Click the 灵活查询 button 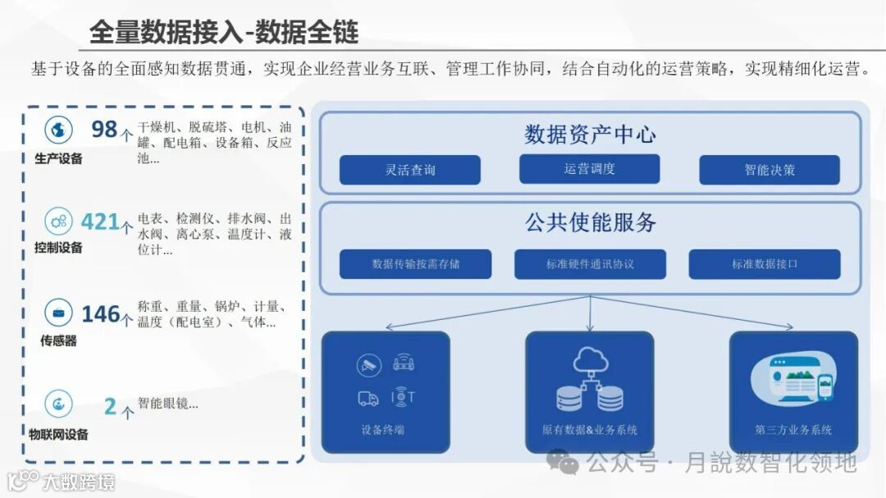pos(410,170)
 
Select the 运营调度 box pos(589,169)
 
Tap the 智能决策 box pos(770,170)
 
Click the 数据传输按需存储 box pos(415,264)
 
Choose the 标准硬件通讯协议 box pos(590,264)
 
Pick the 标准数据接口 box pos(765,264)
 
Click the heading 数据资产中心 pos(590,134)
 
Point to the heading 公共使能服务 pos(590,222)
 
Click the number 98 pos(104,130)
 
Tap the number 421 pos(100,222)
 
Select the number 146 pos(101,313)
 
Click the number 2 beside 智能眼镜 pos(110,405)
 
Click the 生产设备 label pos(59,159)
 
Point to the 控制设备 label pos(58,248)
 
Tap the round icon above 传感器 pos(59,312)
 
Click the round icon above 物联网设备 pos(58,403)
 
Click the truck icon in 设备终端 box pos(368,399)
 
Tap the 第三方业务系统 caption pos(793,430)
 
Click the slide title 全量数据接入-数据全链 pos(224,31)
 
